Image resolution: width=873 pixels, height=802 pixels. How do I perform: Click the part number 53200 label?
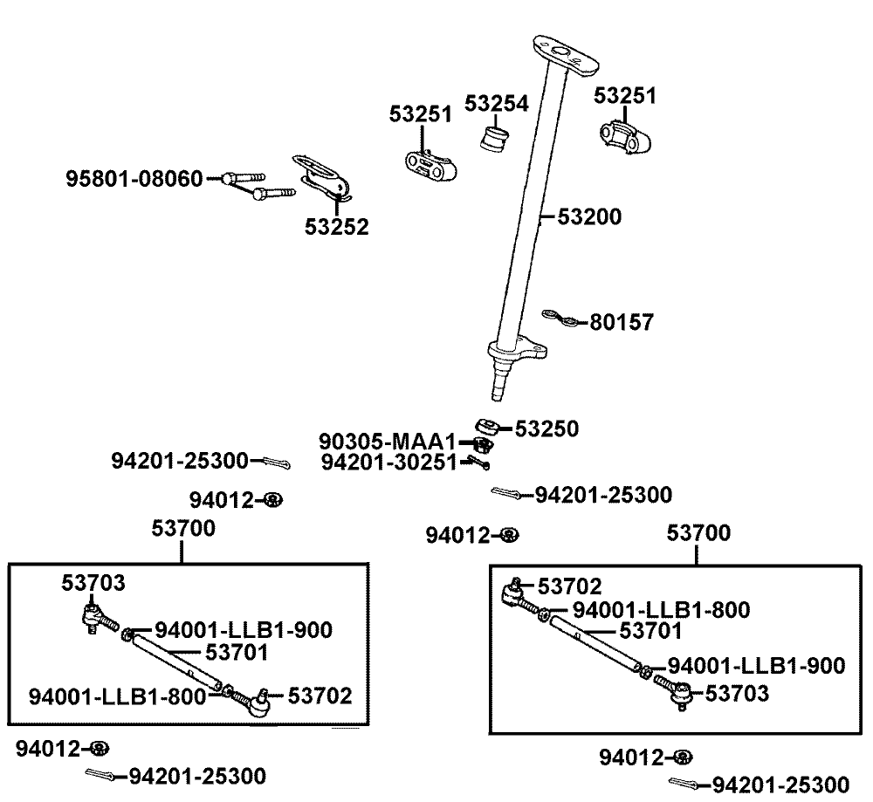584,216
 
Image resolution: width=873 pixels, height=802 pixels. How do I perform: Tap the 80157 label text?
622,323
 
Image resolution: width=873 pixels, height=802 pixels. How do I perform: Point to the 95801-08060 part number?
134,179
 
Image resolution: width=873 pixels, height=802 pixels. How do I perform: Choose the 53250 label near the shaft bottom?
546,428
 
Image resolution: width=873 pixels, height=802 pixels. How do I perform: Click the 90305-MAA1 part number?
388,442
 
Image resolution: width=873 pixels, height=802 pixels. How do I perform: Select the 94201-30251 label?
388,463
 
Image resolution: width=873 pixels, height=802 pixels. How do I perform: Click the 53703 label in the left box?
93,583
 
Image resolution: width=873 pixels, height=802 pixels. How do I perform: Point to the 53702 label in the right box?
569,586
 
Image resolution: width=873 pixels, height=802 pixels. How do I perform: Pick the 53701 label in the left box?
237,651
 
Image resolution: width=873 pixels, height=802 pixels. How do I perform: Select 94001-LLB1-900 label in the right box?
756,667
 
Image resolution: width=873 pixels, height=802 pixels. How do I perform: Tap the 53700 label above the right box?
699,531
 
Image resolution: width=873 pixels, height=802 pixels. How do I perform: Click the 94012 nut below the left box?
100,748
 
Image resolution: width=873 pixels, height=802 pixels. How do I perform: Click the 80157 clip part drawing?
559,316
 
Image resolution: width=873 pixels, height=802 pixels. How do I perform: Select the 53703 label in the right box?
738,694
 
